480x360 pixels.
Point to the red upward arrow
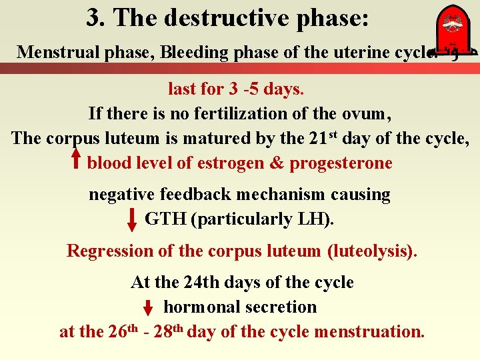(76, 160)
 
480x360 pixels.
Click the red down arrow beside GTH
(133, 219)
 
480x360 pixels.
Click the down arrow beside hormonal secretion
(149, 308)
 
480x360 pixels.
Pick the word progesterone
(341, 163)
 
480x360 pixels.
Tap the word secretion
(282, 307)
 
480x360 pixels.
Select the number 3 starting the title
(93, 18)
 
